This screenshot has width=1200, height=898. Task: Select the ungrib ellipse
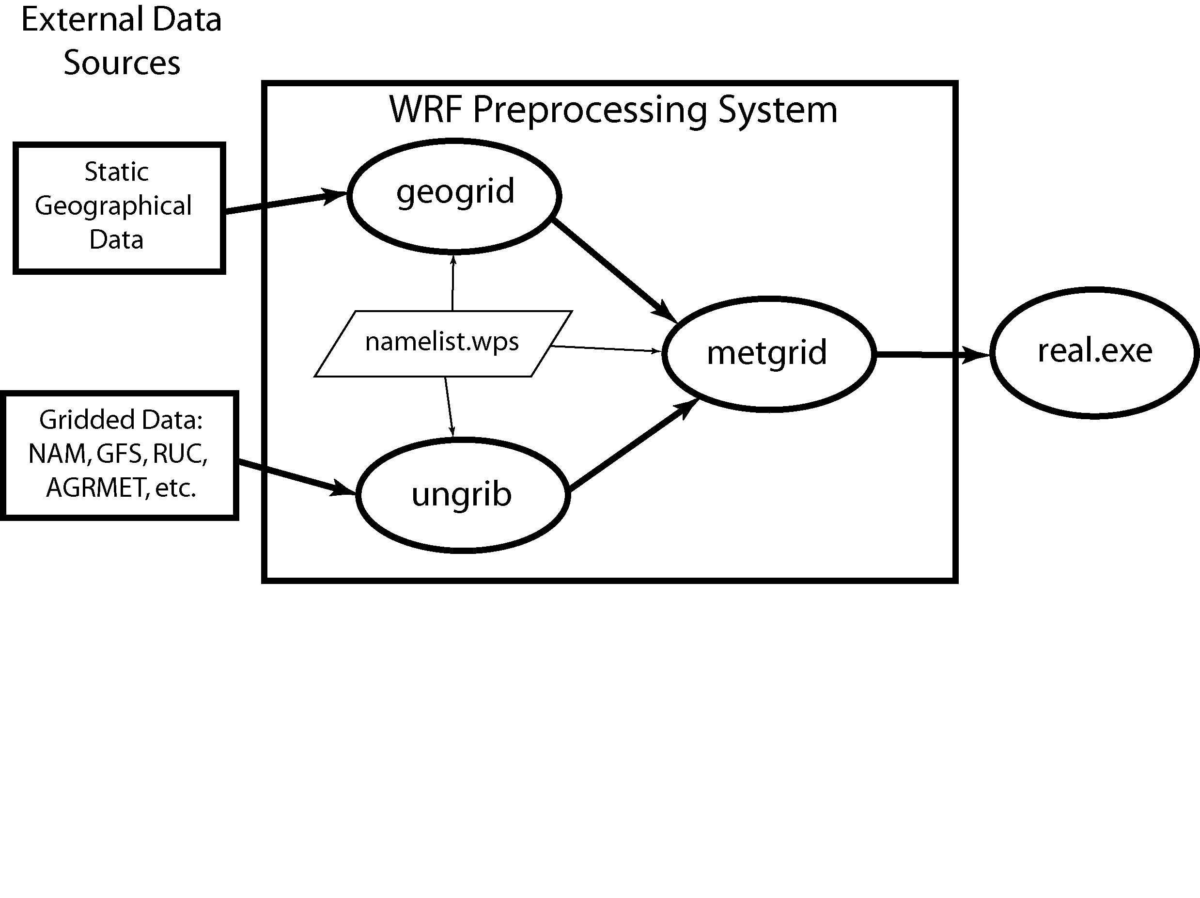(462, 495)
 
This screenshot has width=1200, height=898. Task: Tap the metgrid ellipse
(768, 354)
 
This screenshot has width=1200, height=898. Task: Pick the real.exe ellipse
(1095, 353)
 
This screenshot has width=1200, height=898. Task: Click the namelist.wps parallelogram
(443, 343)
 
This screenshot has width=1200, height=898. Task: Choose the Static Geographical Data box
(119, 208)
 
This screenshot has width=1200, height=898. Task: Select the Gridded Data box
(119, 455)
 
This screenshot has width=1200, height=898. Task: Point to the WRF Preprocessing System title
(613, 110)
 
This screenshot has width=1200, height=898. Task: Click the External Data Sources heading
(122, 41)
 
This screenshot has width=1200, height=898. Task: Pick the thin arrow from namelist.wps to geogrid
(453, 283)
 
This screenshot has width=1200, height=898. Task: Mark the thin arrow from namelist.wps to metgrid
(606, 349)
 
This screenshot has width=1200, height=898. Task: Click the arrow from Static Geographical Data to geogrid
(285, 203)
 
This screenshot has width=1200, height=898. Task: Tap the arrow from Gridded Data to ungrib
(296, 477)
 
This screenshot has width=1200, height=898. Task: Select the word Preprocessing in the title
(590, 110)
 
